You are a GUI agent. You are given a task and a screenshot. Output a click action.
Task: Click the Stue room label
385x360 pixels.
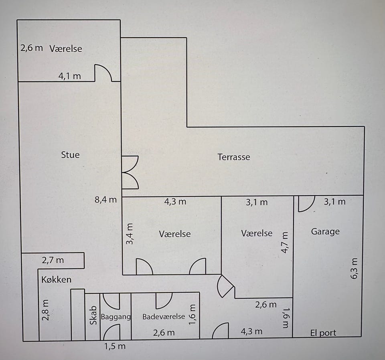pyautogui.click(x=70, y=155)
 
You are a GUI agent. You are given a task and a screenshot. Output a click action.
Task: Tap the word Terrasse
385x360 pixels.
pyautogui.click(x=234, y=157)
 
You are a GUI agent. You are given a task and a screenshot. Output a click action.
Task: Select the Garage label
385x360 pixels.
pyautogui.click(x=325, y=232)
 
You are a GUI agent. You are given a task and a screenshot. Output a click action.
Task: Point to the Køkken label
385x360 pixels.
pyautogui.click(x=57, y=279)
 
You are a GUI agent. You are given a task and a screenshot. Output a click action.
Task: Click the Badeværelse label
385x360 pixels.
pyautogui.click(x=164, y=317)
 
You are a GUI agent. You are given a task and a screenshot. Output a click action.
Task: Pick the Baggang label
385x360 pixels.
pyautogui.click(x=116, y=317)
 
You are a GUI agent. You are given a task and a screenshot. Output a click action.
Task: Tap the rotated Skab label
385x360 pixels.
pyautogui.click(x=93, y=316)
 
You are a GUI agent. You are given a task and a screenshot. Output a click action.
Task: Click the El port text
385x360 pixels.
pyautogui.click(x=323, y=333)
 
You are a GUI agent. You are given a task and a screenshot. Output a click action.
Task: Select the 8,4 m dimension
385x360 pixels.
pyautogui.click(x=105, y=200)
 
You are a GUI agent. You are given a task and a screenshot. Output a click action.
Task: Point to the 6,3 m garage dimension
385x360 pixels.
pyautogui.click(x=354, y=268)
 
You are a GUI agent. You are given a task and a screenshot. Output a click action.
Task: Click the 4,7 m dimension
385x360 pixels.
pyautogui.click(x=285, y=243)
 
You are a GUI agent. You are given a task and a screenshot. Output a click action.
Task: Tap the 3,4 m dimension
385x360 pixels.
pyautogui.click(x=130, y=234)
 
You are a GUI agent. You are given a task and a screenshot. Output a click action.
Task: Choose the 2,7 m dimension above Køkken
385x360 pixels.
pyautogui.click(x=53, y=260)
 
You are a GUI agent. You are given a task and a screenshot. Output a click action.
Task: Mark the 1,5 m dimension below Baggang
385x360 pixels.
pyautogui.click(x=115, y=346)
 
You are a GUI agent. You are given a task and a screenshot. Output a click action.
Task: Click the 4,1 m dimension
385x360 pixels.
pyautogui.click(x=69, y=76)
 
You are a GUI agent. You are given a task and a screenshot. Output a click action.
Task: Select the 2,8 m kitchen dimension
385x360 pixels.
pyautogui.click(x=46, y=310)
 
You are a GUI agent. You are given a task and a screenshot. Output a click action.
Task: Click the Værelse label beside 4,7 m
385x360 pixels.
pyautogui.click(x=257, y=233)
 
